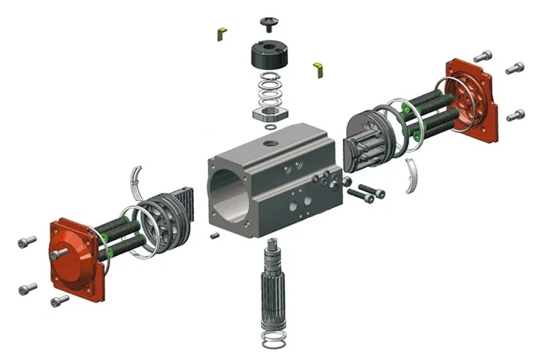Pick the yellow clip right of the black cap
click(x=319, y=67)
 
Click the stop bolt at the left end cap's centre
click(x=60, y=253)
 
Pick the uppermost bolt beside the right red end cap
click(x=483, y=56)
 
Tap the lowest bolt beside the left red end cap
click(x=60, y=301)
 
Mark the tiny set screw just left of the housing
click(x=215, y=235)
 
